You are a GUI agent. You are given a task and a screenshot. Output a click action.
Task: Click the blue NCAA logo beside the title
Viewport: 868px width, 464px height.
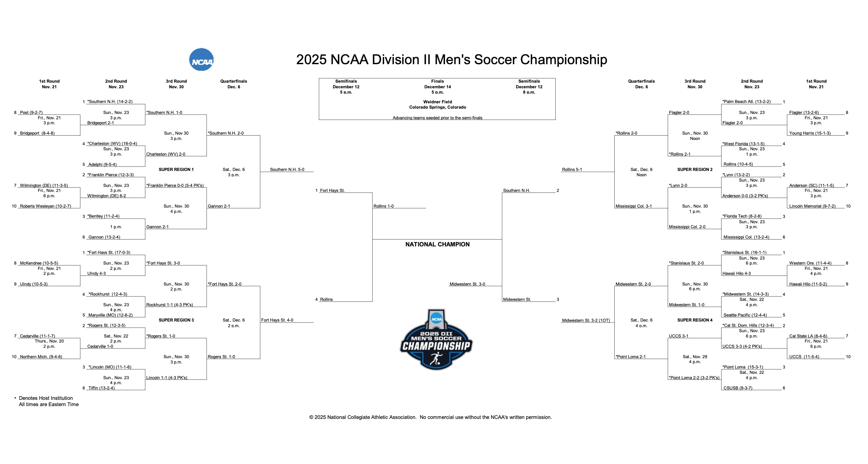(201, 59)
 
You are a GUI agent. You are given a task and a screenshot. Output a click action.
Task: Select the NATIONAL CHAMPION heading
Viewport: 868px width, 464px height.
(437, 244)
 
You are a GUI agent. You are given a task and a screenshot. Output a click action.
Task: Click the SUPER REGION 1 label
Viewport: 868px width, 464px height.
(176, 170)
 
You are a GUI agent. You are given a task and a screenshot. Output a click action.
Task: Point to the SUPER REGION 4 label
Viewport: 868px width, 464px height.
(695, 320)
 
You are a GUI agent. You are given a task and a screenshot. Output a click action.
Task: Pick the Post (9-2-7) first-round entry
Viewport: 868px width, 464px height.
(31, 112)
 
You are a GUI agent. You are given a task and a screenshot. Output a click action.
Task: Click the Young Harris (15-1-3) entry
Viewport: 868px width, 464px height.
(809, 133)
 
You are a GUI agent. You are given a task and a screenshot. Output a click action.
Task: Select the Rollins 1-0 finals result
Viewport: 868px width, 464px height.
(383, 206)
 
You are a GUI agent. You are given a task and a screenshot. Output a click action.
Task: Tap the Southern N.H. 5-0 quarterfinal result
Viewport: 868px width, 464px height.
(287, 170)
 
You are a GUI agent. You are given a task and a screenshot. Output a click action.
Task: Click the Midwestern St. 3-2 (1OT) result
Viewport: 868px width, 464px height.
(586, 320)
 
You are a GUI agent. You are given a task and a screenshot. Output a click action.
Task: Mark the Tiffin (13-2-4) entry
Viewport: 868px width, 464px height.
(101, 388)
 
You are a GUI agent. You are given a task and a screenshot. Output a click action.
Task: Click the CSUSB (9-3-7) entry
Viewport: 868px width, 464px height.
(738, 388)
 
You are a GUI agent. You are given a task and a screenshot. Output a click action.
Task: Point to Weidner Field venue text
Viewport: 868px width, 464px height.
(437, 102)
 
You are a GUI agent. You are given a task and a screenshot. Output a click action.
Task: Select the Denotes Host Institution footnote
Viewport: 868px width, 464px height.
(45, 398)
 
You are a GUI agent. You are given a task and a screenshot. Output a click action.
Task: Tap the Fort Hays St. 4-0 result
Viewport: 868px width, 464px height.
(277, 320)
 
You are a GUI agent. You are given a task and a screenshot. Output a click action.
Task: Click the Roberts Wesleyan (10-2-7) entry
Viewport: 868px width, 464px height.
(45, 206)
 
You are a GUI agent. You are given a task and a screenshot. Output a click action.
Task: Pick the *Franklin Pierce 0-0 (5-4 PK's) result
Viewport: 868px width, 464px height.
(175, 185)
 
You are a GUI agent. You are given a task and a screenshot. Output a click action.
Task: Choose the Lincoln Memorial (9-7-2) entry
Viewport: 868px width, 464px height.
(812, 206)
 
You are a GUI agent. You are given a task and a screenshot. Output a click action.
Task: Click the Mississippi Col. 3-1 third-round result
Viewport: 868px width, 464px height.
(633, 206)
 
